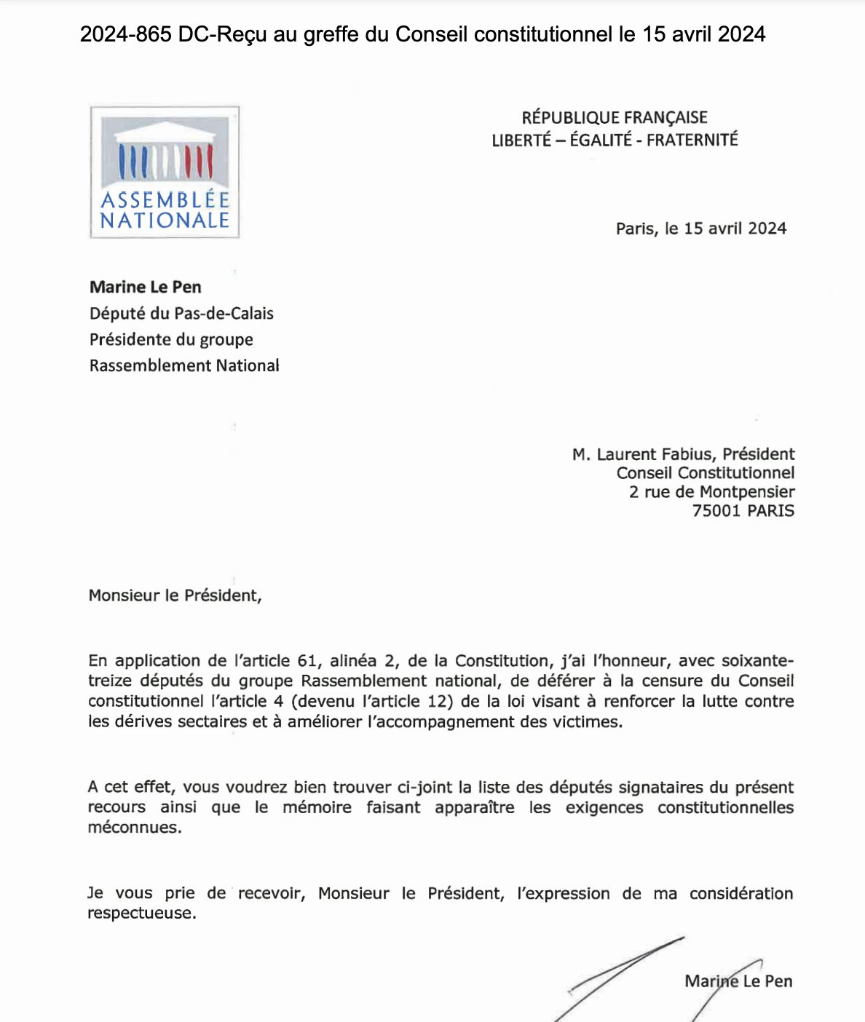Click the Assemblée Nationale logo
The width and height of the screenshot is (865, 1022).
coord(165,173)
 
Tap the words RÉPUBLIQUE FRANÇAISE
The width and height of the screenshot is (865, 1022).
coord(615,118)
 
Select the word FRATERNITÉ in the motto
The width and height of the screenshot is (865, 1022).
coord(692,140)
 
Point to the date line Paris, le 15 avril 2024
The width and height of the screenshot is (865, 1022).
coord(701,229)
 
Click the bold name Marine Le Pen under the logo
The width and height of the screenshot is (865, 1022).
coord(146,287)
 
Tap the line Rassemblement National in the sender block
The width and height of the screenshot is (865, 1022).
coord(184,365)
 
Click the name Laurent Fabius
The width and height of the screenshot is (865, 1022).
coord(655,454)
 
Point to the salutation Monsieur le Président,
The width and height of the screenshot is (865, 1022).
coord(175,595)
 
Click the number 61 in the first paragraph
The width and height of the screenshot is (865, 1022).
coord(308,661)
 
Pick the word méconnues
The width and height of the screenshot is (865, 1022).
coord(135,828)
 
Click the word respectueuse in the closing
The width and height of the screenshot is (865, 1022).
coord(142,914)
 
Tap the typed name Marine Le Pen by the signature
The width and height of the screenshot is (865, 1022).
coord(738,981)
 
